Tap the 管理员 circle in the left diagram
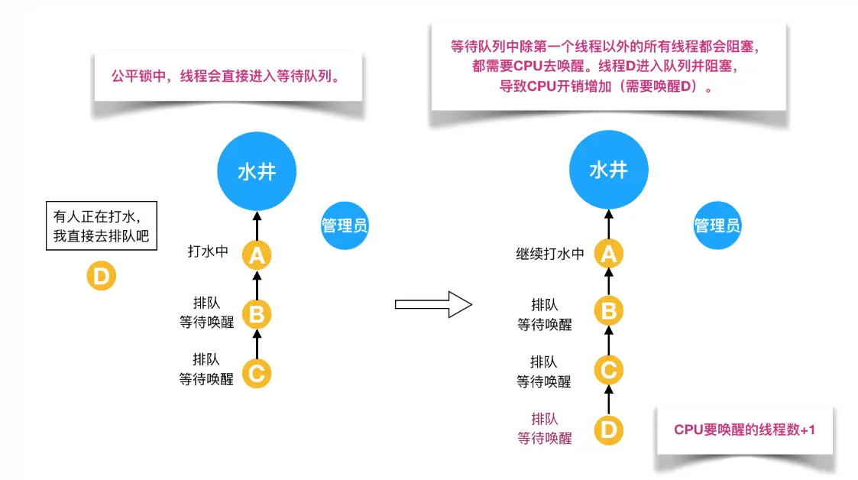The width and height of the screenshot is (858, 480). (345, 225)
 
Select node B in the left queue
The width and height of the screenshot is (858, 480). (257, 313)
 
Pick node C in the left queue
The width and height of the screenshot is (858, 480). (257, 374)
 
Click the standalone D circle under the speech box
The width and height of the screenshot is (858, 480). (101, 275)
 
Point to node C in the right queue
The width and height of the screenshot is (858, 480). (608, 371)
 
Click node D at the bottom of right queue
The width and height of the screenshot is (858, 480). (608, 430)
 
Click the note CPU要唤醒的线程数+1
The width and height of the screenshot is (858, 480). (744, 430)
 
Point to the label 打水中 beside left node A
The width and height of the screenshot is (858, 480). (208, 251)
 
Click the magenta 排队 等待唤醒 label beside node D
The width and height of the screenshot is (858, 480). (544, 429)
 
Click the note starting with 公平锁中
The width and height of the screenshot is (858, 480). (226, 76)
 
